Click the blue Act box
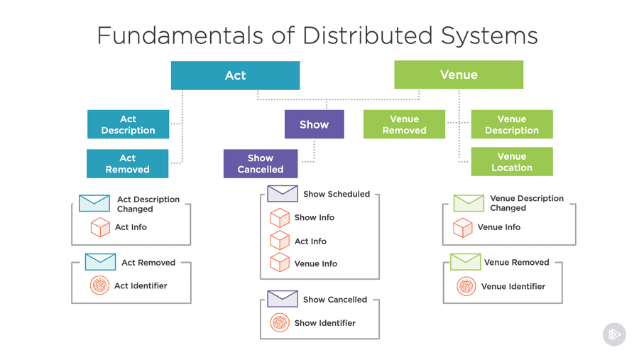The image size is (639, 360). [x=235, y=75]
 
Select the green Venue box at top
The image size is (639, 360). [x=459, y=75]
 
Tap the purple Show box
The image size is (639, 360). [x=314, y=124]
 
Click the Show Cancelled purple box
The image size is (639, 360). [x=261, y=163]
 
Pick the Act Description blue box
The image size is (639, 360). [x=128, y=124]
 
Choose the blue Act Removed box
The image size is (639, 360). [x=128, y=163]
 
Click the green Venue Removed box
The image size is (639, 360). [x=404, y=124]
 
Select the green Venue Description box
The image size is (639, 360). [x=512, y=124]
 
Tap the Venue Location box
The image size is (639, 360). [x=512, y=162]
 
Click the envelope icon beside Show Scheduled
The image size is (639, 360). [x=283, y=193]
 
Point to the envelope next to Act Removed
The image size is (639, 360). [x=100, y=262]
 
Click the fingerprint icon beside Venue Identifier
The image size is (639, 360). [x=466, y=286]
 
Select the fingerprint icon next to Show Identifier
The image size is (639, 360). [x=280, y=323]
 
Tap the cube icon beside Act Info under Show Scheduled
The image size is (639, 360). [x=280, y=241]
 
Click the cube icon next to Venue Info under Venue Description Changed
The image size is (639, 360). [x=463, y=227]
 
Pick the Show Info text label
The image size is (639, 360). [x=315, y=217]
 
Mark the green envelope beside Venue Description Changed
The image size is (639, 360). [x=469, y=203]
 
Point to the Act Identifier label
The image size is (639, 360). [x=141, y=286]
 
